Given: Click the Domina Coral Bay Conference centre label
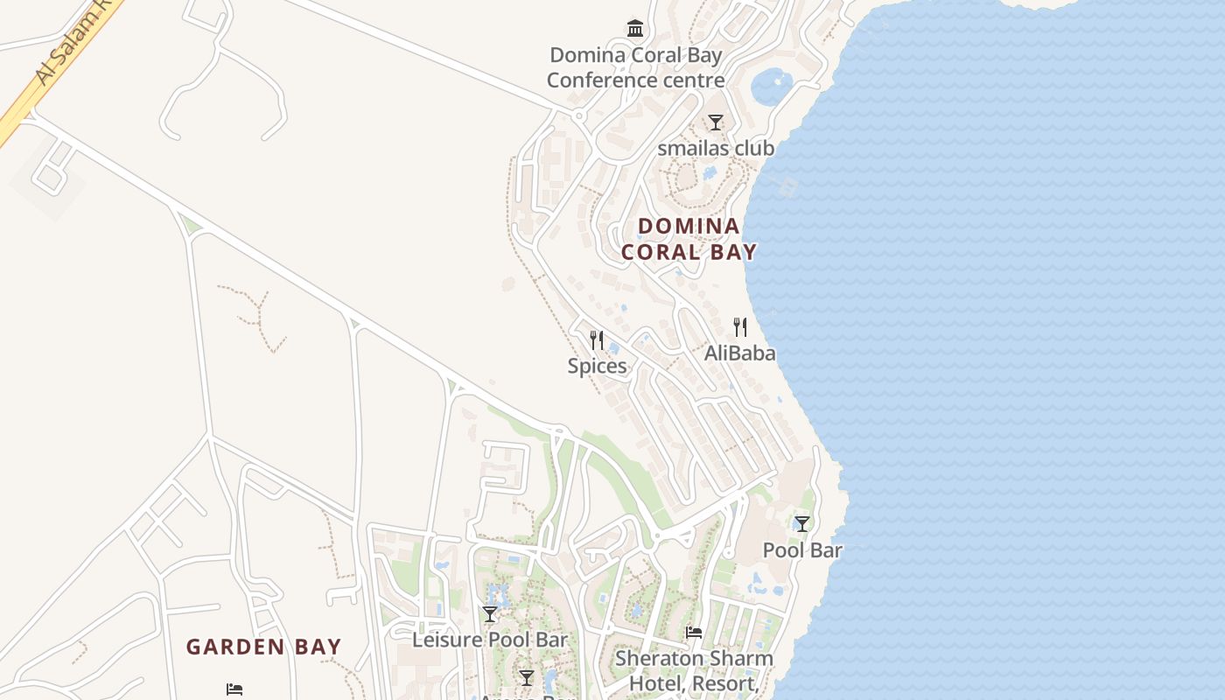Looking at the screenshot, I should click(636, 68).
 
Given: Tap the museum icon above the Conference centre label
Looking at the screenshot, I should click(635, 28).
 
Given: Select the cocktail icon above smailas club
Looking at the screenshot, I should click(716, 122).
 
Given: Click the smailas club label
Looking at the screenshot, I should click(716, 148).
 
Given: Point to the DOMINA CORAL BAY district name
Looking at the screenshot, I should click(689, 239).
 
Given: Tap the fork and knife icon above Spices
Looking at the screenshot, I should click(597, 339).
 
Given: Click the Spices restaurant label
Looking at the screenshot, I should click(597, 366).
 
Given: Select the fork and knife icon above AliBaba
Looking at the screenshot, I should click(740, 327).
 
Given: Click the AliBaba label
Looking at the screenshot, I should click(740, 353).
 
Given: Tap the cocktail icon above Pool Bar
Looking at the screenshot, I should click(801, 524).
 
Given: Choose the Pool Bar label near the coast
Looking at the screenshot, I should click(802, 550).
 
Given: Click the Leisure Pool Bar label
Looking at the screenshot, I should click(490, 640).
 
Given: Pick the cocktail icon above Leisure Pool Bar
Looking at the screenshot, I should click(490, 614).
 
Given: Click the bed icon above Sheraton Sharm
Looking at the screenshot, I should click(694, 632).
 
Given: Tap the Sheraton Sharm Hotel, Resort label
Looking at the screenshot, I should click(694, 670).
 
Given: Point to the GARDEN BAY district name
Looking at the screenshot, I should click(263, 647).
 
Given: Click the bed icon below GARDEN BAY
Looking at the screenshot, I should click(234, 689).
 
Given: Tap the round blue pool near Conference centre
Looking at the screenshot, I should click(771, 87).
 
